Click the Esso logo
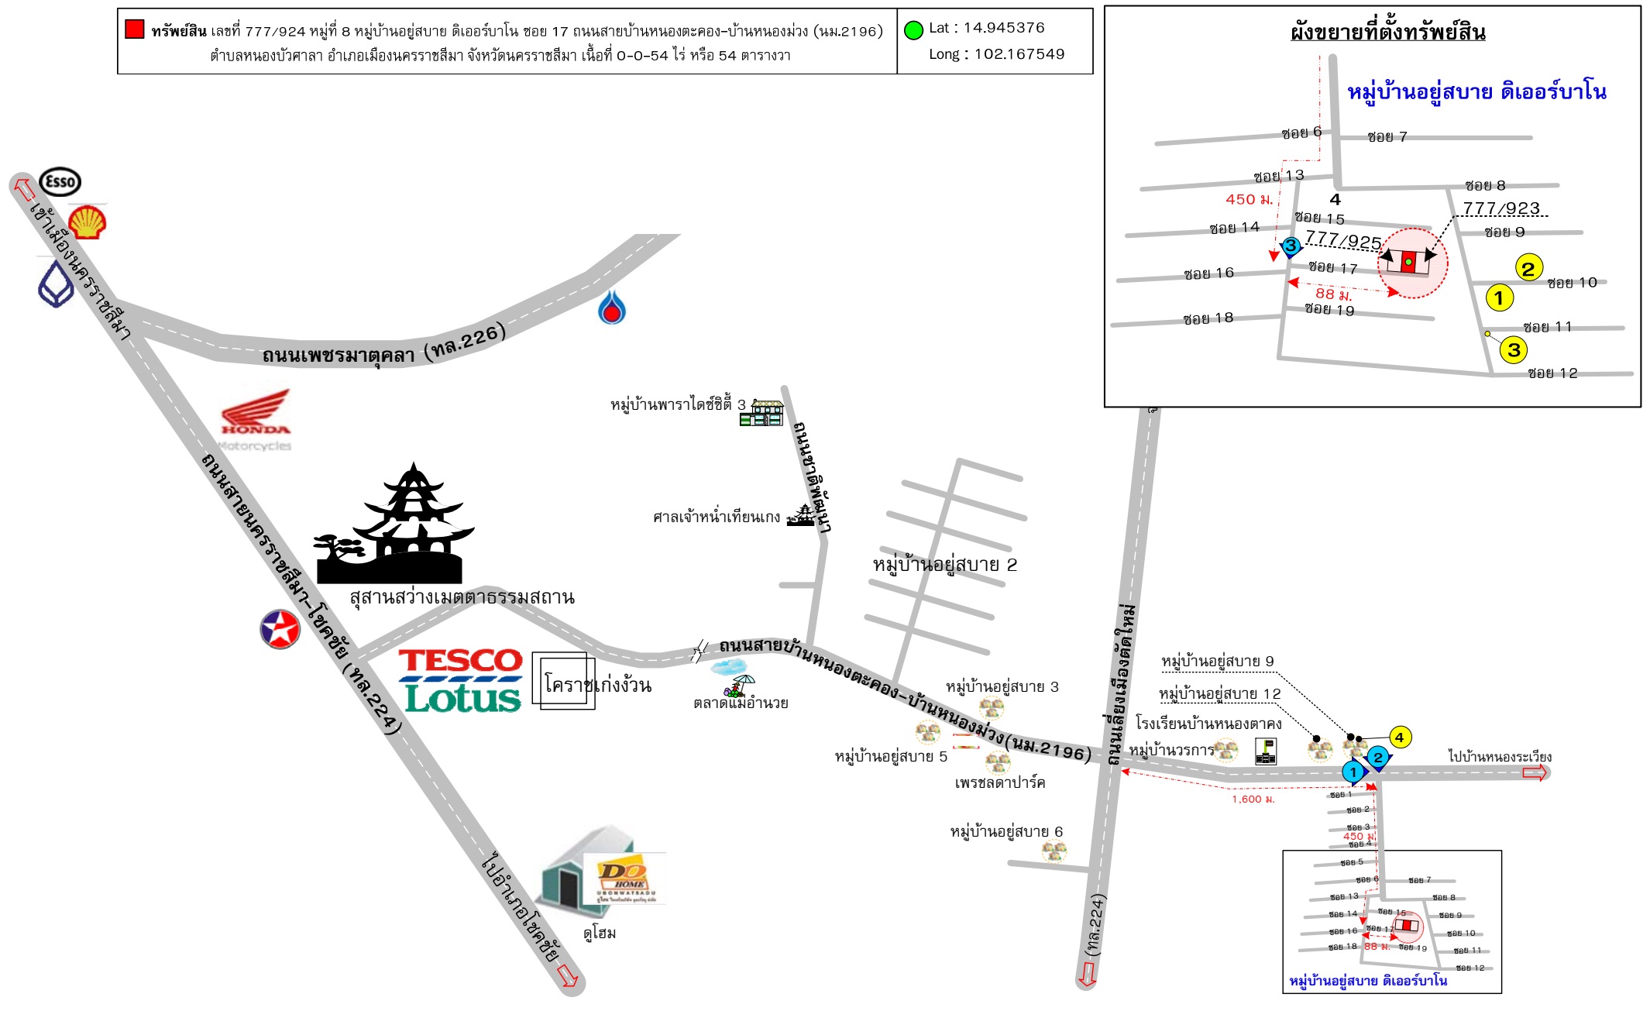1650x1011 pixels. [60, 182]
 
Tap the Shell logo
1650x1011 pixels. [88, 222]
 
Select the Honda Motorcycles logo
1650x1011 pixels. [255, 419]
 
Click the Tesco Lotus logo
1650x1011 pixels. [462, 680]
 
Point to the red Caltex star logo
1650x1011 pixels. [280, 628]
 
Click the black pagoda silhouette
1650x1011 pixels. [395, 528]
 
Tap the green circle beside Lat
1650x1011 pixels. [914, 30]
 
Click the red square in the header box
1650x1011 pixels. [135, 29]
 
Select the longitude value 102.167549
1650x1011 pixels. [1019, 54]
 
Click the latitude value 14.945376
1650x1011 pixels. [1004, 28]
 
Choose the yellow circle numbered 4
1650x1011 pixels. [1399, 738]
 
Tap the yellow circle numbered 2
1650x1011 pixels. [1528, 268]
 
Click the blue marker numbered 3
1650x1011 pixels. [1290, 246]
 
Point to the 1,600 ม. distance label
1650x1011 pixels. [1253, 799]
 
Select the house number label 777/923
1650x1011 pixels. [1500, 208]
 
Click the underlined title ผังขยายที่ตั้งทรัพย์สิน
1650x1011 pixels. [1387, 33]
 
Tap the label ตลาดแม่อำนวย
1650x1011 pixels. [741, 703]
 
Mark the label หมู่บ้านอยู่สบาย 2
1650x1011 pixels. [944, 565]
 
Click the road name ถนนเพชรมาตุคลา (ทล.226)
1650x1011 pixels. [383, 348]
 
